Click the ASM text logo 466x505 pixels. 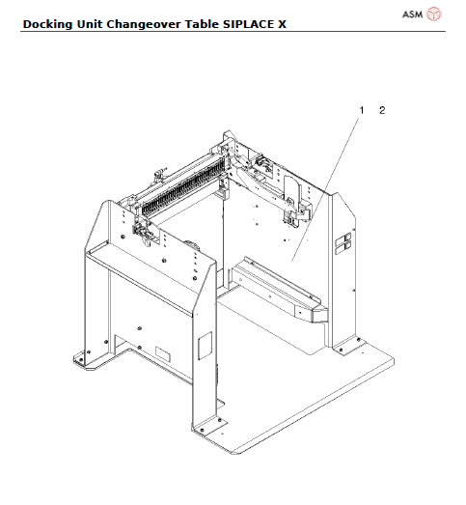click(412, 14)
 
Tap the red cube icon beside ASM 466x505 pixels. click(434, 14)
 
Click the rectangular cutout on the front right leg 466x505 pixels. click(204, 346)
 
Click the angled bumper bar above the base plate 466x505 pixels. click(280, 290)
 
